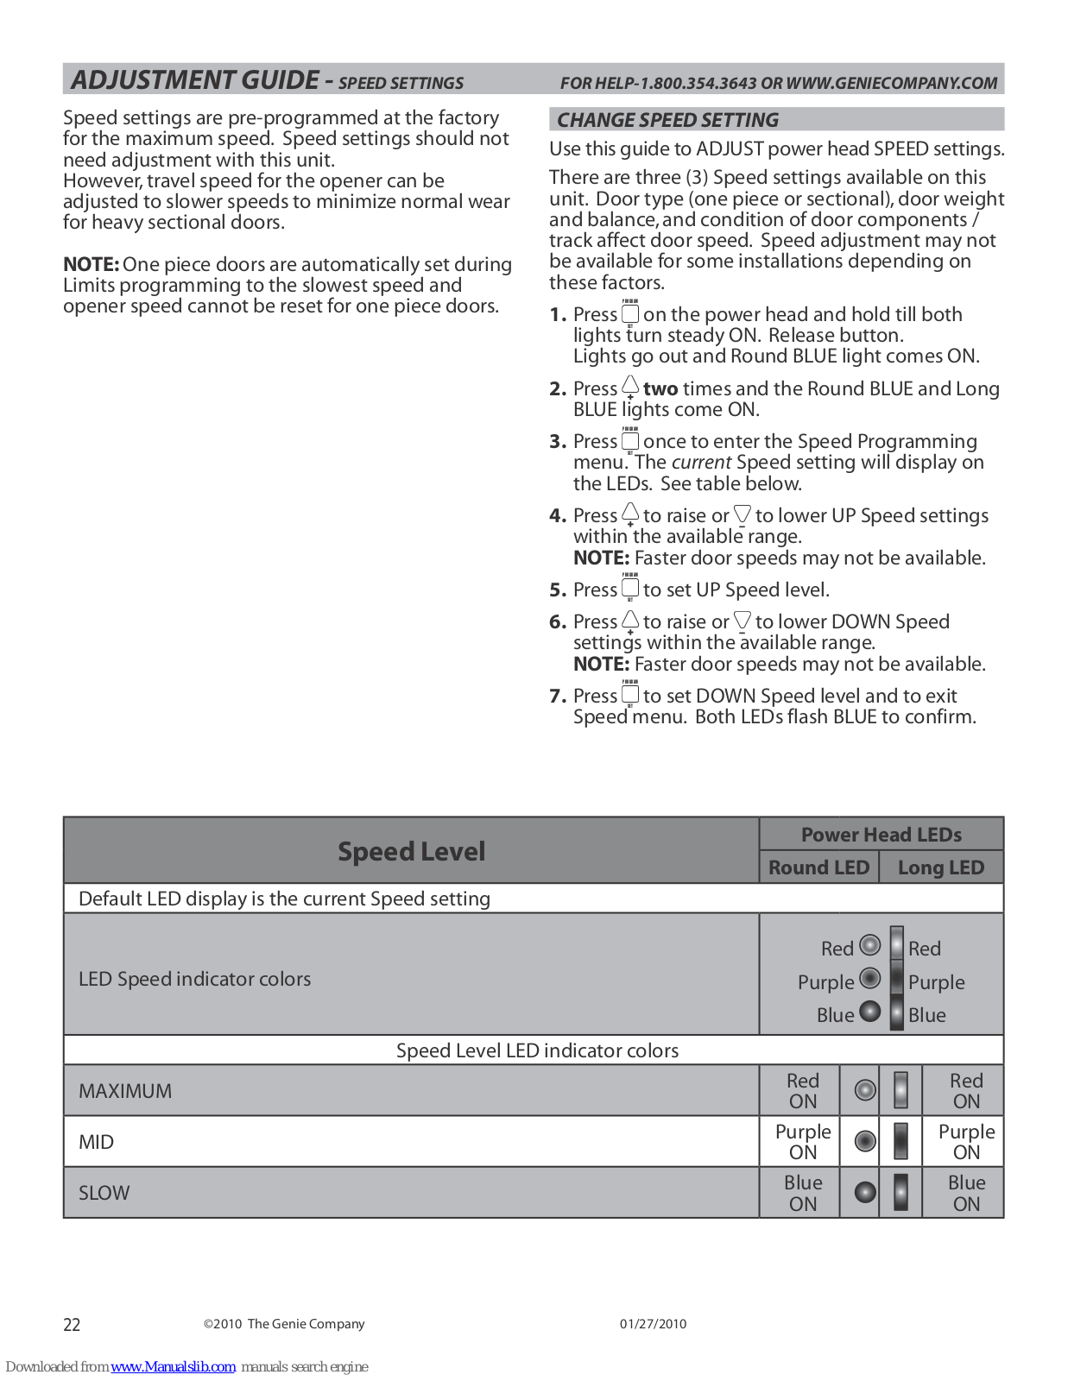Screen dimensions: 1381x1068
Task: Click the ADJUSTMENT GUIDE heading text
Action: pyautogui.click(x=195, y=80)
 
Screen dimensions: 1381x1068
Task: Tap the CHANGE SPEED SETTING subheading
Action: pyautogui.click(x=667, y=120)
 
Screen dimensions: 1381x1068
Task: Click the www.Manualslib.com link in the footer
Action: pyautogui.click(x=173, y=1366)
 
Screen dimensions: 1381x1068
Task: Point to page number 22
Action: pyautogui.click(x=72, y=1325)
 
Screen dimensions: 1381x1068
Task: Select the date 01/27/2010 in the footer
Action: pyautogui.click(x=653, y=1324)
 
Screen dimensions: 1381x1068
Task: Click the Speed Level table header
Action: pyautogui.click(x=411, y=851)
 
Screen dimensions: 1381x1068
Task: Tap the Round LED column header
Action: pyautogui.click(x=818, y=867)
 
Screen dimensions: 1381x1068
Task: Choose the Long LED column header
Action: pyautogui.click(x=940, y=867)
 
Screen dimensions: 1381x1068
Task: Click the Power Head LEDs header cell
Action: pyautogui.click(x=881, y=835)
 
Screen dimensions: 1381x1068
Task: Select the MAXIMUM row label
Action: pyautogui.click(x=125, y=1091)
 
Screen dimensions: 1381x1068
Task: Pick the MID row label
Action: pyautogui.click(x=96, y=1142)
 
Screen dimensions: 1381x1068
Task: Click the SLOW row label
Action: pyautogui.click(x=104, y=1193)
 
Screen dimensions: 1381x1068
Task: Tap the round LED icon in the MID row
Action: pyautogui.click(x=865, y=1141)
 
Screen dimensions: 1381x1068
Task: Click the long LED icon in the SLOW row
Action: pyautogui.click(x=901, y=1192)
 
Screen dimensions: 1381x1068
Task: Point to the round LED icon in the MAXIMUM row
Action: pyautogui.click(x=865, y=1090)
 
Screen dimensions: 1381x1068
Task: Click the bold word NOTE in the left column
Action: pyautogui.click(x=91, y=264)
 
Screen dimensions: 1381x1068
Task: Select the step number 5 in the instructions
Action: pyautogui.click(x=558, y=590)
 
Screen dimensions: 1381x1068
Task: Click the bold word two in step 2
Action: pyautogui.click(x=660, y=389)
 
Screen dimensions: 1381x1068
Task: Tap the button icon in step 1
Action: pyautogui.click(x=630, y=313)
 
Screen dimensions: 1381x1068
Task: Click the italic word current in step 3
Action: pyautogui.click(x=701, y=463)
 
